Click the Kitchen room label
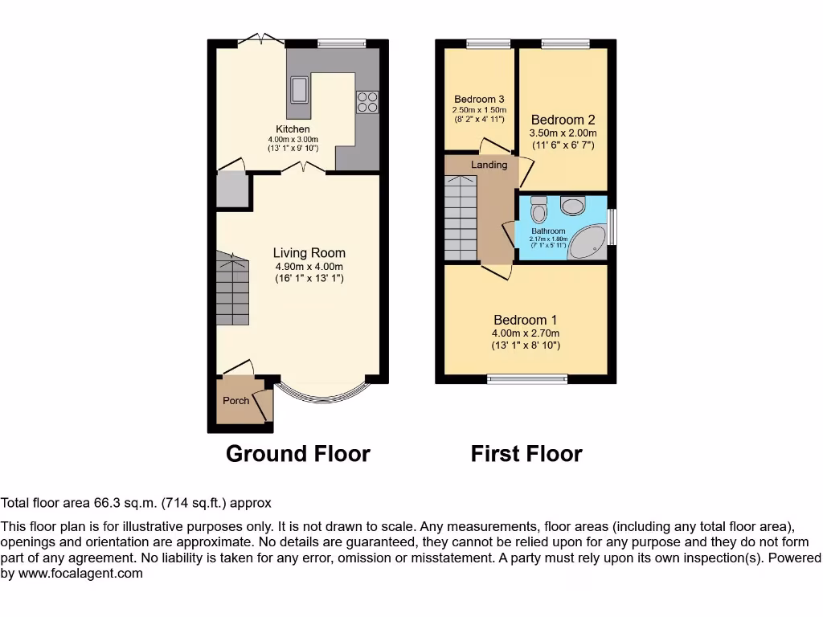coord(293,129)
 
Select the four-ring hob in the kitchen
coord(366,101)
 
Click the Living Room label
coord(308,253)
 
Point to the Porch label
coord(235,400)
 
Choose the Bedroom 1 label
coord(526,320)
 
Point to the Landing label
coord(489,165)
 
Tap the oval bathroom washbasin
coord(573,206)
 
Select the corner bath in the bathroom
coord(590,242)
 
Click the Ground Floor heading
coord(298,454)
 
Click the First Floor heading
coord(526,454)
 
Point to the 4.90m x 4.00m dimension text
coord(308,267)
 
